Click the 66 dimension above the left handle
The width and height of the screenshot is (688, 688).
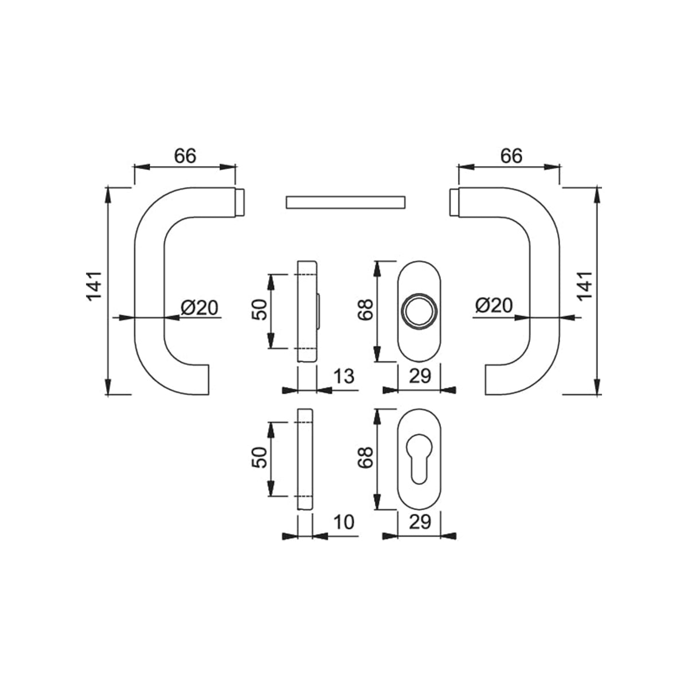click(x=185, y=156)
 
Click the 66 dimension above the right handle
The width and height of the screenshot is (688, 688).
click(x=511, y=156)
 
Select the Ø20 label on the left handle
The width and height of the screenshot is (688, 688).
click(x=199, y=307)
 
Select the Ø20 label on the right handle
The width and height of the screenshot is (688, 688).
click(x=494, y=305)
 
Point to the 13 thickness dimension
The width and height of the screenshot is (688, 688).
click(x=344, y=376)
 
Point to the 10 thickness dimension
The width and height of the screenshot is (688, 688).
click(x=344, y=522)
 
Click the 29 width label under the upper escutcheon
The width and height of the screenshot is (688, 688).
click(x=420, y=376)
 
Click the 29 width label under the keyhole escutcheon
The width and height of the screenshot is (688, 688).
click(x=420, y=522)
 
